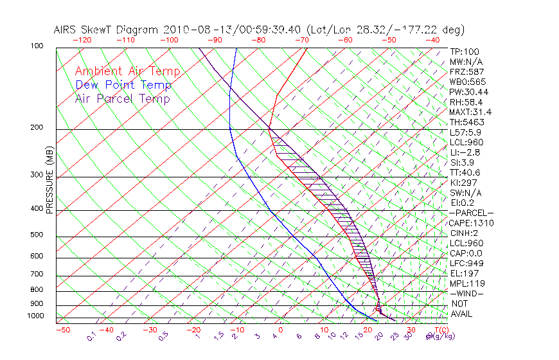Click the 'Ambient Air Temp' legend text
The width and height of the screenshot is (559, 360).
(127, 71)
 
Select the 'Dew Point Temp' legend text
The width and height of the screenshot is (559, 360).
(123, 85)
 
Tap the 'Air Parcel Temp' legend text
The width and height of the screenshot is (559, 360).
(122, 98)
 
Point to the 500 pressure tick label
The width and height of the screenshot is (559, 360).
(37, 235)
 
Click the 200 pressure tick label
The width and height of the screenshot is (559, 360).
(37, 128)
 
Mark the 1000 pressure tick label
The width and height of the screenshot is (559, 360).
(35, 316)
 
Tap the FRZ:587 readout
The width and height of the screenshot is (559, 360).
(466, 71)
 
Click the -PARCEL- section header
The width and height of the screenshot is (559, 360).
(471, 213)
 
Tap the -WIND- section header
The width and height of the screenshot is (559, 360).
(466, 293)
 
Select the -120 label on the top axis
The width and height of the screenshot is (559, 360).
(82, 40)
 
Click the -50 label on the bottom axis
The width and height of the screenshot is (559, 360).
(62, 330)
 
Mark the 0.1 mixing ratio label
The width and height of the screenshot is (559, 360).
(92, 336)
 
